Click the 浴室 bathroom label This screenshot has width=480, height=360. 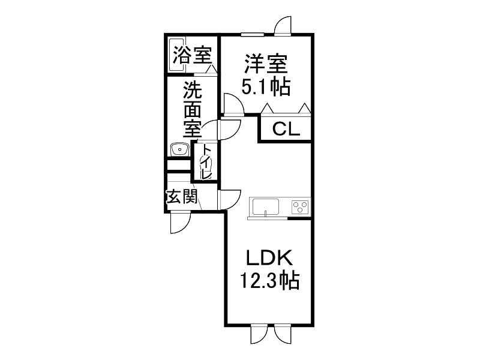pos(192,56)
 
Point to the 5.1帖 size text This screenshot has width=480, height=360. pos(266,88)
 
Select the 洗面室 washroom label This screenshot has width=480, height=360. pos(192,110)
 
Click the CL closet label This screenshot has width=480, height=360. pos(286,130)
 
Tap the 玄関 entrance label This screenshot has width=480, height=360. pos(181,197)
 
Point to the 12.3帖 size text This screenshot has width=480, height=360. pos(269,281)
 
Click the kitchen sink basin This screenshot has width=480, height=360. pos(266,207)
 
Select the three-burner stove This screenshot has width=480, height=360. pos(300,207)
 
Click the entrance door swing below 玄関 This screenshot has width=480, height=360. pos(179,223)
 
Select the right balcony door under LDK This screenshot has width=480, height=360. pos(282,335)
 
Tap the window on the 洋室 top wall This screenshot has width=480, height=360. pos(253,34)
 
